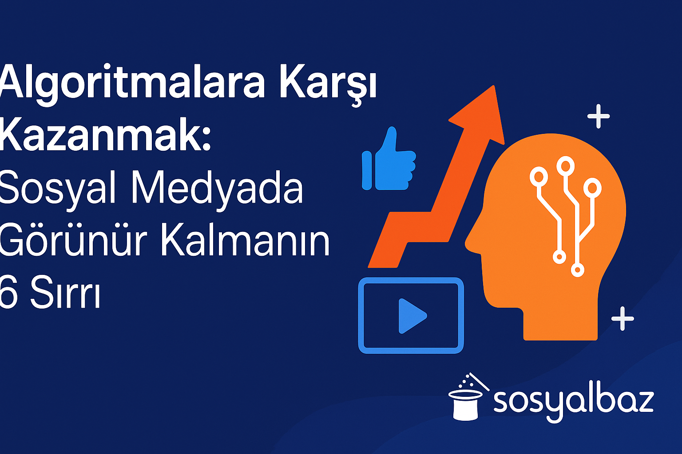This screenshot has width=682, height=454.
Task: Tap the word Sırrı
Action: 65,292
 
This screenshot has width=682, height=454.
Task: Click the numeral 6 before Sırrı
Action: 8,292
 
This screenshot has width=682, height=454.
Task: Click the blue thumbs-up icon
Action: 389,159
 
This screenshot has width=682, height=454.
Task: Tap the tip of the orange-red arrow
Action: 494,86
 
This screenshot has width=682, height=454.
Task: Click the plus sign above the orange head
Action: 599,117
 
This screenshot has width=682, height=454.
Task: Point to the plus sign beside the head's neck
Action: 623,319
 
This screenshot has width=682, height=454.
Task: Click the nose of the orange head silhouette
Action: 467,244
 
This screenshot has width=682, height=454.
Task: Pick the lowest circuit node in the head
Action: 577,270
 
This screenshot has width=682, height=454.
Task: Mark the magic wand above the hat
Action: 479,381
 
